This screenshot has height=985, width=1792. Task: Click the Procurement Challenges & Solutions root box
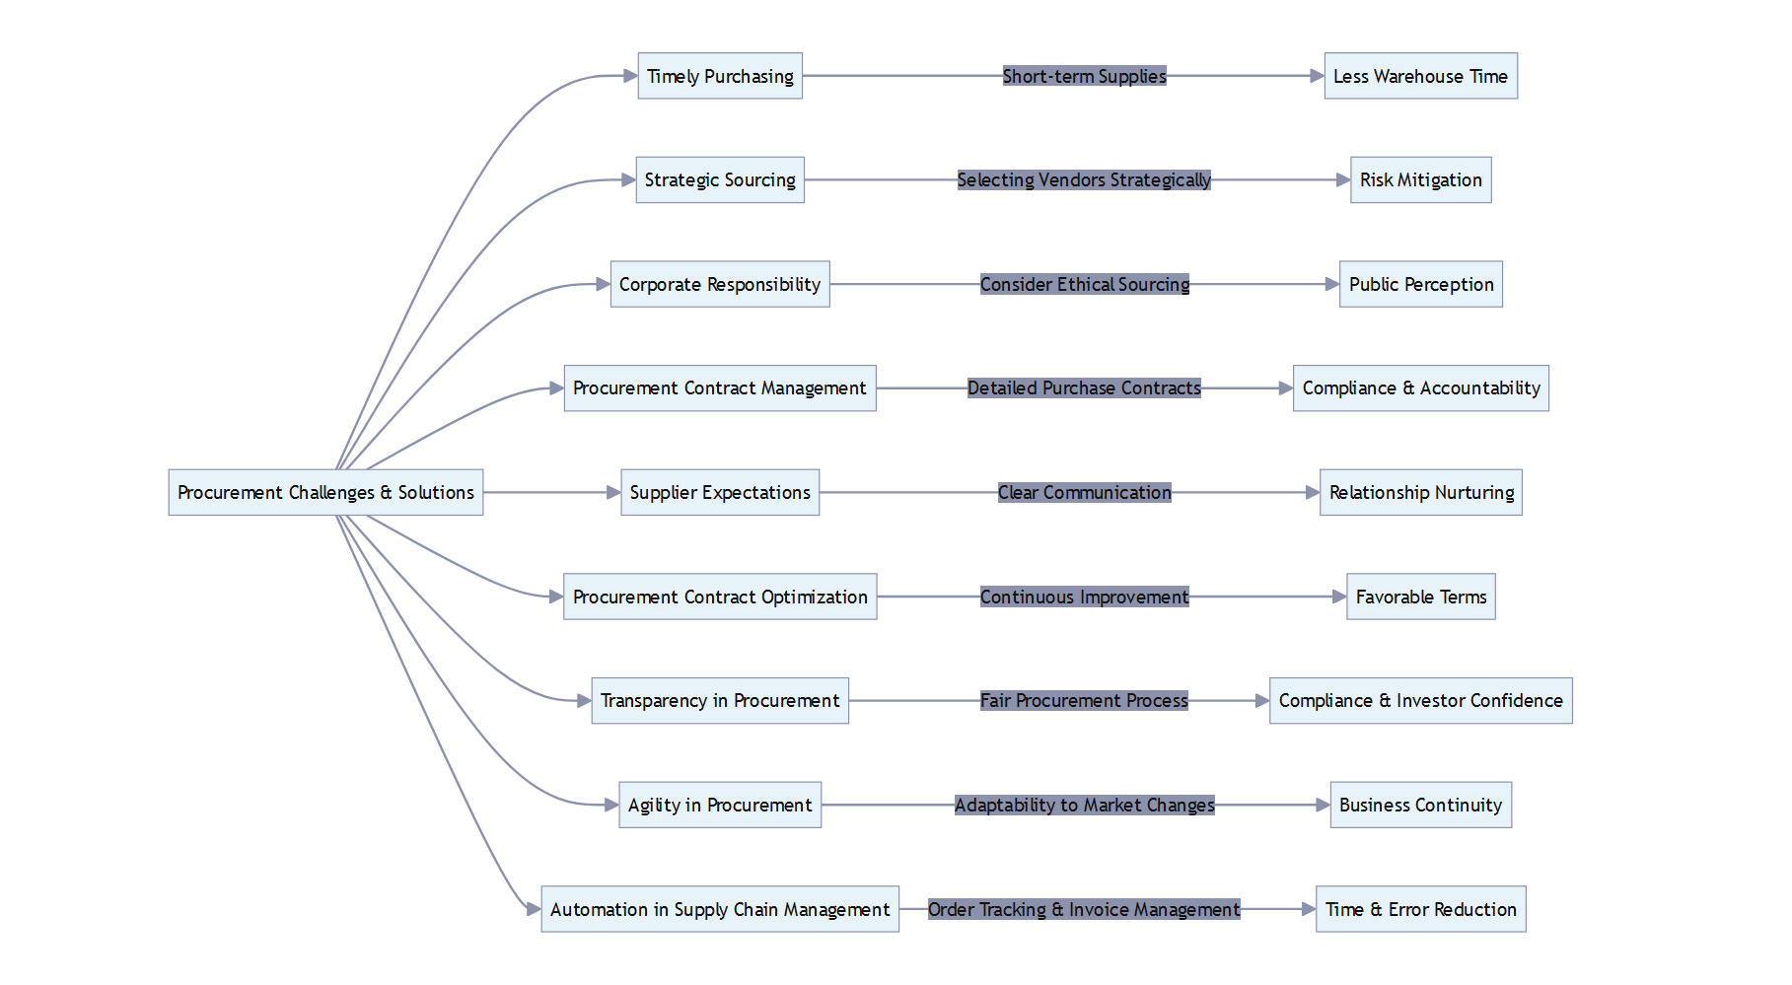(x=325, y=492)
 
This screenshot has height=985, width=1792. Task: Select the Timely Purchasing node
(x=720, y=76)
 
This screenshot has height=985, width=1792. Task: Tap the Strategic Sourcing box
(x=720, y=180)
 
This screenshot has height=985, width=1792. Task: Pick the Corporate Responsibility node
(x=720, y=284)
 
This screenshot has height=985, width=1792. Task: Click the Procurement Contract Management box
(x=720, y=388)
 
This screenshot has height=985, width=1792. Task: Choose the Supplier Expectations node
(x=720, y=492)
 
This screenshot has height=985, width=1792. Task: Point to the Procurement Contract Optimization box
(x=720, y=597)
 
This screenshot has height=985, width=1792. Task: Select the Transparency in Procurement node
(x=720, y=701)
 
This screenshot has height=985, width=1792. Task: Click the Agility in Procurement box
(x=720, y=805)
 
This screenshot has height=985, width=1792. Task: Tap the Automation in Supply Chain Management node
(x=720, y=909)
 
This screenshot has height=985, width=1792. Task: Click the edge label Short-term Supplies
(x=1084, y=76)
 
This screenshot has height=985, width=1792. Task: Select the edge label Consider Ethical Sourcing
(x=1084, y=284)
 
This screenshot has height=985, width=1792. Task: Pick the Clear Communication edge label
(x=1084, y=492)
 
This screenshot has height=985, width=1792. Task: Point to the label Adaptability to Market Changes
(x=1084, y=805)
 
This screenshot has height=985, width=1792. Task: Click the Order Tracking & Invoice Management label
(x=1084, y=909)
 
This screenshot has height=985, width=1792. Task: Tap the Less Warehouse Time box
(x=1420, y=76)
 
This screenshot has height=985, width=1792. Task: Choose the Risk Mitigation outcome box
(x=1420, y=180)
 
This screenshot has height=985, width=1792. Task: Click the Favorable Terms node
(x=1420, y=597)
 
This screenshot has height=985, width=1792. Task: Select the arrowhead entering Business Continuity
(x=1323, y=805)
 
